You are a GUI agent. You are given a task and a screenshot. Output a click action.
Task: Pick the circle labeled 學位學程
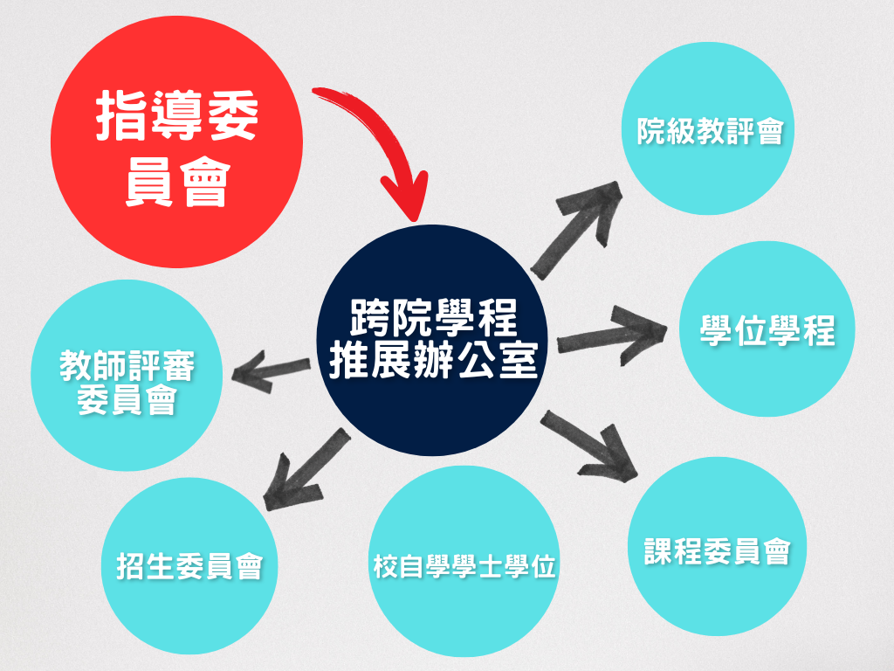767,329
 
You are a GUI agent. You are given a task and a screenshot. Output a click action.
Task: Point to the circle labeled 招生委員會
189,568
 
